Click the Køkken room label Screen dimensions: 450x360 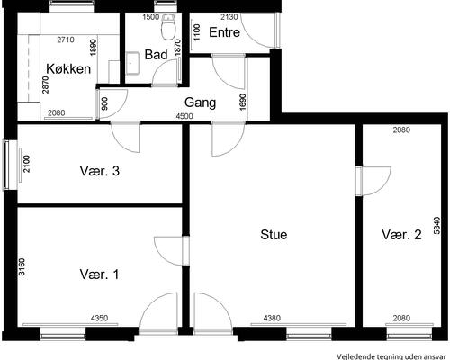coord(68,69)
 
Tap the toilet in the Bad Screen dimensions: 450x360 coord(168,26)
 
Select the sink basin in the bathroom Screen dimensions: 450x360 coord(133,63)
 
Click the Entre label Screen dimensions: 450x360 coord(224,32)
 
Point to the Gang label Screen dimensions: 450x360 coord(200,103)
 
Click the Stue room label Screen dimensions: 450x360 coord(274,235)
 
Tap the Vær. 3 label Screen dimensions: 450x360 coord(100,171)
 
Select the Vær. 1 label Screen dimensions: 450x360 coord(99,274)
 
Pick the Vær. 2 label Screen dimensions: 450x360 coord(401,235)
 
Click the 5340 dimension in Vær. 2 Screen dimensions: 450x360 coord(437,226)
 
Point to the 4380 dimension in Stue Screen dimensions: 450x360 coord(272,318)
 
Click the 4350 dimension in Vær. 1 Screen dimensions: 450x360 coord(99,318)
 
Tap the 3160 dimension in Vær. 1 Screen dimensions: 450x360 coord(22,267)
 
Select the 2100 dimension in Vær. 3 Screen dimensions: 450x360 coord(27,164)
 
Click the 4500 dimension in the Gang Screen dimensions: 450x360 coord(184,116)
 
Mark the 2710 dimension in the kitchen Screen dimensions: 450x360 coord(66,40)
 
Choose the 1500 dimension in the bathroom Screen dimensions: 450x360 coord(151,17)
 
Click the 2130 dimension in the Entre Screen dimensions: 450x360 coord(229,17)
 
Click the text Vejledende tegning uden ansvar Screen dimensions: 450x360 coord(392,356)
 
